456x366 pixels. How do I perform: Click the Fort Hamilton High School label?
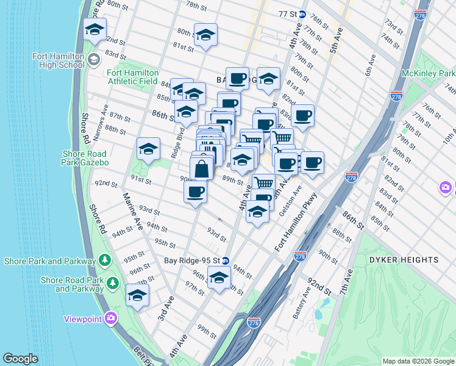tap(59, 60)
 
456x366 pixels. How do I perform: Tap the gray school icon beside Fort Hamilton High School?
tap(93, 60)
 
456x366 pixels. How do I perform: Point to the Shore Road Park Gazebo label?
tap(85, 159)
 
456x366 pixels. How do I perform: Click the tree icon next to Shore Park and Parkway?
tap(105, 261)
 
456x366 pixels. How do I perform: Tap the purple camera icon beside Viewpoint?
tap(110, 318)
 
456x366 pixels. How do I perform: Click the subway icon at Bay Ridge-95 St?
tap(225, 259)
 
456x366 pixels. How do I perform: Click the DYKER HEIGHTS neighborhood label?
tap(403, 260)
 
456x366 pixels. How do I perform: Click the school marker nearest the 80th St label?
tap(205, 34)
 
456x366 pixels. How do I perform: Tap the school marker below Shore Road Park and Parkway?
tap(137, 295)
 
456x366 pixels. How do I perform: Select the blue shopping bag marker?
tap(201, 168)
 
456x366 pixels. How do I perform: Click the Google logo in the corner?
tap(20, 359)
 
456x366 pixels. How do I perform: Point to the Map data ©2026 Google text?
tap(418, 361)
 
